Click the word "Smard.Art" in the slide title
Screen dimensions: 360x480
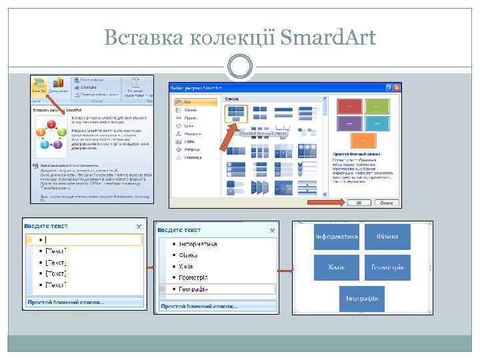pyautogui.click(x=328, y=37)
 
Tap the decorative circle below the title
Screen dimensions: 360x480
pyautogui.click(x=239, y=67)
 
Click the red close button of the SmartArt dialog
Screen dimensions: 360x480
pyautogui.click(x=398, y=87)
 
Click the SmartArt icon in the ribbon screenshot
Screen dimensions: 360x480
pyautogui.click(x=39, y=85)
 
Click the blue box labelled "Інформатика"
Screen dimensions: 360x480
pyautogui.click(x=336, y=237)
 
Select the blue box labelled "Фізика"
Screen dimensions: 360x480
pyautogui.click(x=387, y=237)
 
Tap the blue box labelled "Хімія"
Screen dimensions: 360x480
pyautogui.click(x=336, y=267)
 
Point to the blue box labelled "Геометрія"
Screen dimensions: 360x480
pyautogui.click(x=387, y=267)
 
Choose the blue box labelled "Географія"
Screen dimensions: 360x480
pyautogui.click(x=362, y=298)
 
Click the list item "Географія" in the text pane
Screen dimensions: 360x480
pyautogui.click(x=193, y=289)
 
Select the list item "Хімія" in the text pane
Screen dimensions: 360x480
pyautogui.click(x=186, y=266)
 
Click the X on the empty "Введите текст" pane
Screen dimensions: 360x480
pyautogui.click(x=139, y=227)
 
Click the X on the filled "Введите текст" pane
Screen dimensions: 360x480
pyautogui.click(x=271, y=230)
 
